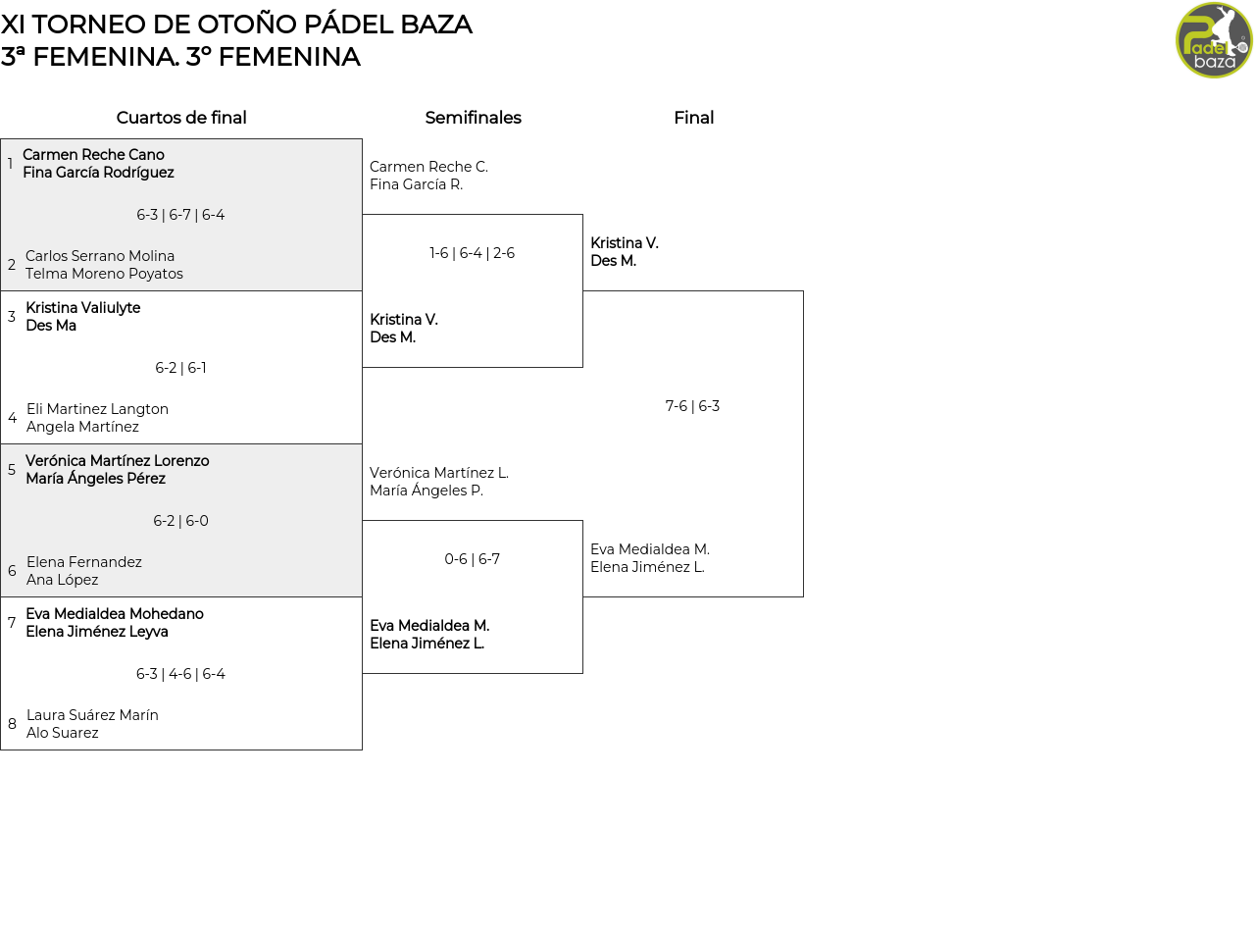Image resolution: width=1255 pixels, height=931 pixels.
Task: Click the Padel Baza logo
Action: click(1214, 40)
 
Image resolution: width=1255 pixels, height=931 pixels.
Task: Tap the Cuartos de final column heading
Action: click(181, 118)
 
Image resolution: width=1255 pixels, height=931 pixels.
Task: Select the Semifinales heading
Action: click(473, 118)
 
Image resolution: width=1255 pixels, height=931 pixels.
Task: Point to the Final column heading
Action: click(694, 118)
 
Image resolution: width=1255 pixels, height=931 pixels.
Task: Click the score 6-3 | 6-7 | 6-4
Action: click(180, 215)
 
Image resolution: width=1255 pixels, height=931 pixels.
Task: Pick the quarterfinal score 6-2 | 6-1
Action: click(180, 368)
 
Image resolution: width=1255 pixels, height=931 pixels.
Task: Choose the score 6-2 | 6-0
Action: click(180, 520)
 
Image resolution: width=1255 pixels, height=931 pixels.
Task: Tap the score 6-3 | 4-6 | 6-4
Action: click(180, 673)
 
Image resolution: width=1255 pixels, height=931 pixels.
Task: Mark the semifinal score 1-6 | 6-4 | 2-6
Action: click(472, 252)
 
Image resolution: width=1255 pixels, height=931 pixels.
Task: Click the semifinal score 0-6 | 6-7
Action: click(472, 559)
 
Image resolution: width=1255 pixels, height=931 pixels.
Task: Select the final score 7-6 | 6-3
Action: click(692, 406)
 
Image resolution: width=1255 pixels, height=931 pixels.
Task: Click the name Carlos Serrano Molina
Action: click(100, 256)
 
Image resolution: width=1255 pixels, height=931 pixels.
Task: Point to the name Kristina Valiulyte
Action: click(83, 307)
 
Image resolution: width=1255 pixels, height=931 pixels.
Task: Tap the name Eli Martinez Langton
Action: click(97, 409)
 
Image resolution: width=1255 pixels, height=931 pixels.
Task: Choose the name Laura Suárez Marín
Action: click(92, 714)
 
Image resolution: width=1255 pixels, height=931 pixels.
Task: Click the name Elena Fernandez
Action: click(83, 562)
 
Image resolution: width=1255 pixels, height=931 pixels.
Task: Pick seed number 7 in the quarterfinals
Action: click(12, 622)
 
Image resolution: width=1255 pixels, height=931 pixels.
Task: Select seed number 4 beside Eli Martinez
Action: click(12, 418)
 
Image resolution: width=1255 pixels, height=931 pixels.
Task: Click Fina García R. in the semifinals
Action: click(416, 184)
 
